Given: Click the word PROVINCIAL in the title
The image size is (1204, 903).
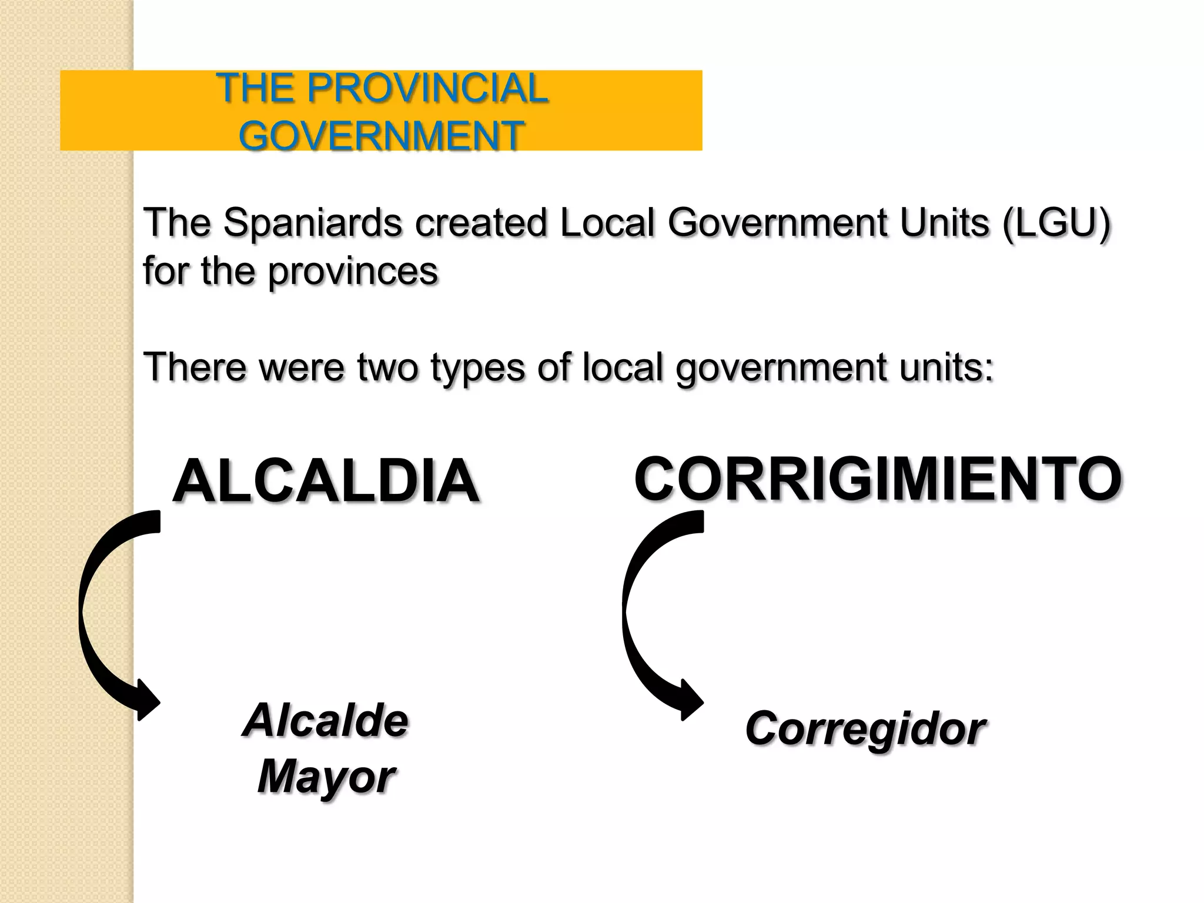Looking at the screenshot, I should tap(427, 89).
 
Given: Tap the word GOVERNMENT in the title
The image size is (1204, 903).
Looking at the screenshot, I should tap(381, 136).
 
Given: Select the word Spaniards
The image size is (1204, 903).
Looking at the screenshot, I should tap(313, 223).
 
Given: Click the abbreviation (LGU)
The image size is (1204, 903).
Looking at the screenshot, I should tap(1056, 223).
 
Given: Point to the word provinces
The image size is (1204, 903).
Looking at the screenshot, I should tap(353, 272).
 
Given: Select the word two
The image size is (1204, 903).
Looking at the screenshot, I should tap(387, 367).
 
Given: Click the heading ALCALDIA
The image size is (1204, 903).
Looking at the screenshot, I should tap(326, 481).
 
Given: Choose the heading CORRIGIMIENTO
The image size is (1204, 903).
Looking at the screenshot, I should tap(878, 479).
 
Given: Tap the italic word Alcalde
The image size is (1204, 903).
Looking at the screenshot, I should tap(326, 721).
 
